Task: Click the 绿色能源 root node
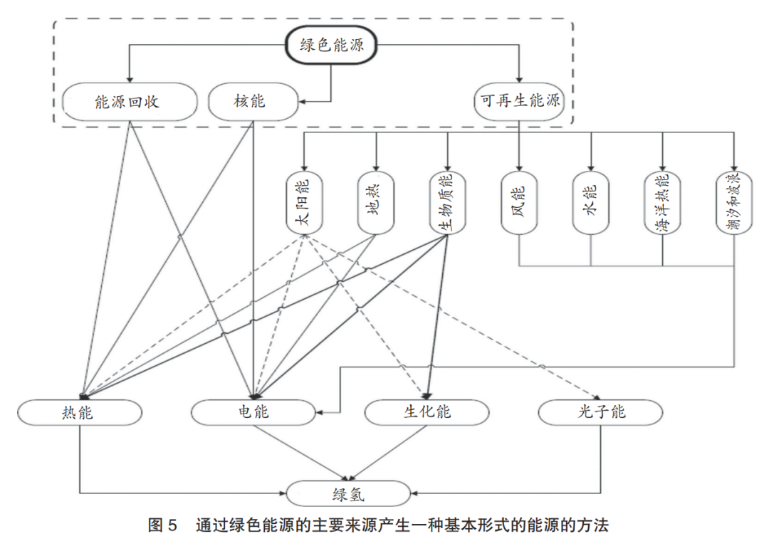pyautogui.click(x=332, y=46)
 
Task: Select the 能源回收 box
pyautogui.click(x=129, y=101)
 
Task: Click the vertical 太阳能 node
pyautogui.click(x=305, y=203)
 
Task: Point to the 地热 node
pyautogui.click(x=376, y=203)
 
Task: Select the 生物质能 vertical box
pyautogui.click(x=447, y=203)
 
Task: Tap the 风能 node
pyautogui.click(x=519, y=203)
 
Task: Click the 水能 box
pyautogui.click(x=591, y=203)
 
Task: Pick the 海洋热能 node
pyautogui.click(x=663, y=203)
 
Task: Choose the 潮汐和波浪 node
pyautogui.click(x=734, y=203)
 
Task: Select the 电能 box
pyautogui.click(x=253, y=411)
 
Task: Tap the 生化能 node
pyautogui.click(x=427, y=411)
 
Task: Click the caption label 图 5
pyautogui.click(x=162, y=527)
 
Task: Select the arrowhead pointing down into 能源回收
pyautogui.click(x=129, y=78)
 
